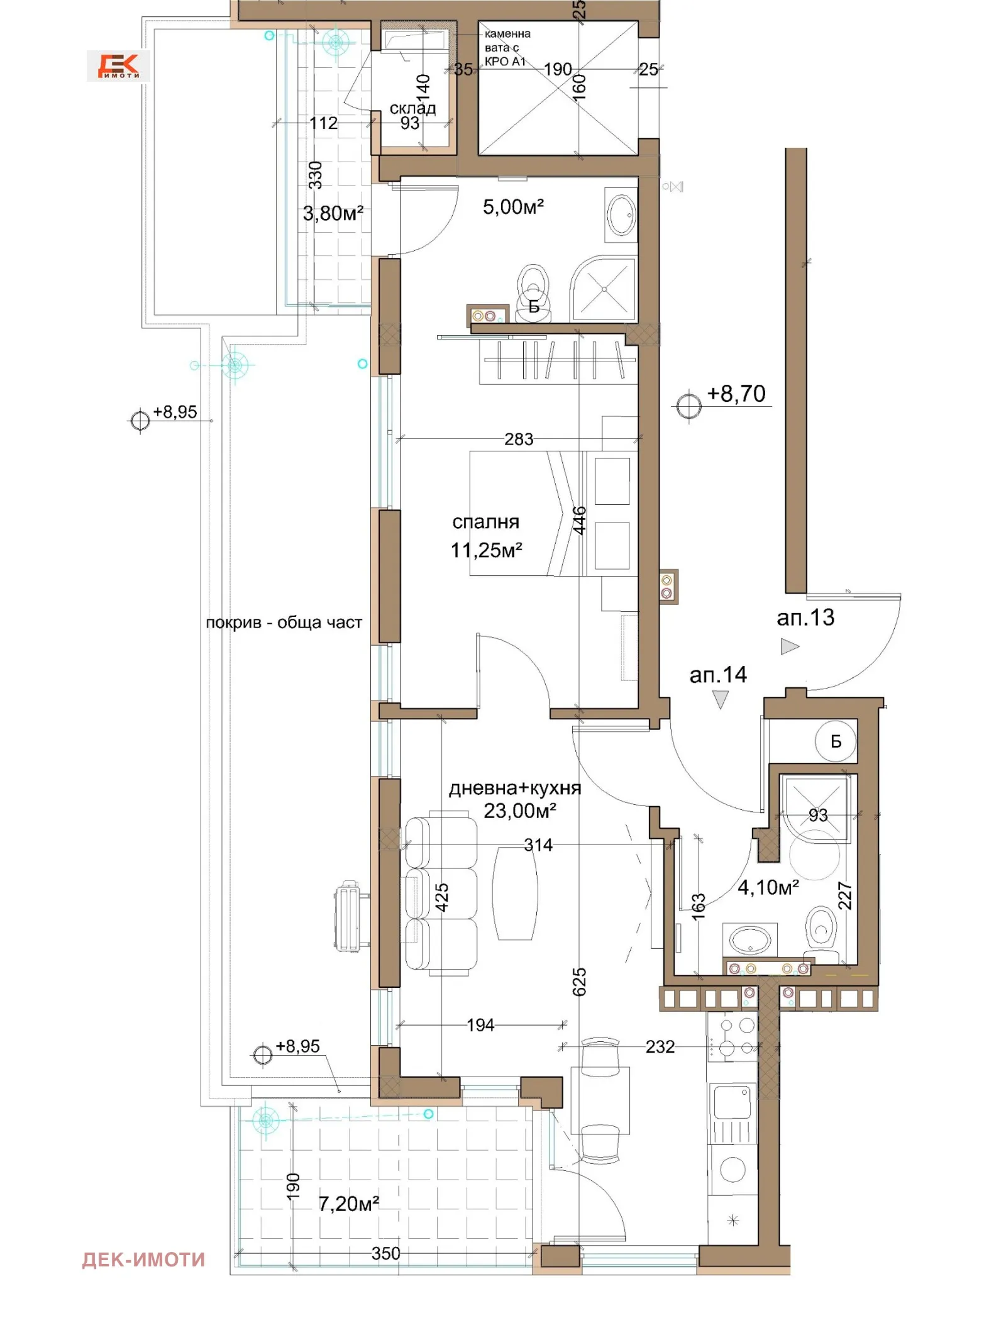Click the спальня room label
tap(485, 522)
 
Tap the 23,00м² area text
tap(519, 811)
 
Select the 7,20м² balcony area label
tap(348, 1204)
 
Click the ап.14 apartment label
tap(718, 675)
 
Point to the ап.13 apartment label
tap(805, 617)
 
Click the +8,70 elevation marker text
tap(736, 394)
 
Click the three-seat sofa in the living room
tap(440, 894)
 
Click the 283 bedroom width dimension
tap(519, 439)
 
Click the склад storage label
tap(412, 108)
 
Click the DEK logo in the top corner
tap(118, 65)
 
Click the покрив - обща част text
tap(284, 623)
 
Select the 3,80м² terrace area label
tap(333, 213)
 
